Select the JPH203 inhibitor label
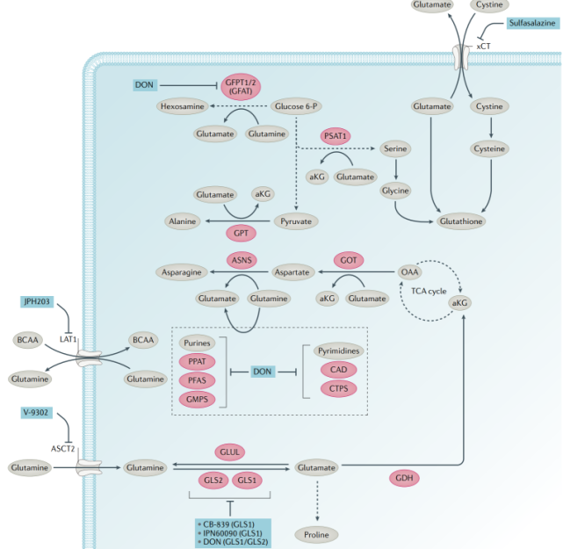[38, 301]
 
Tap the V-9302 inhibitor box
[38, 413]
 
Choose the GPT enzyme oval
[240, 233]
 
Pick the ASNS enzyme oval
[242, 259]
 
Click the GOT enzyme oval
[348, 259]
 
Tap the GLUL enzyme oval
[230, 451]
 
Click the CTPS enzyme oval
[338, 387]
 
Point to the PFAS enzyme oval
[197, 379]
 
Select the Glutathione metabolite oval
[460, 221]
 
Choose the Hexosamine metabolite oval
[182, 106]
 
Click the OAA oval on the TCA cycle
[410, 272]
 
